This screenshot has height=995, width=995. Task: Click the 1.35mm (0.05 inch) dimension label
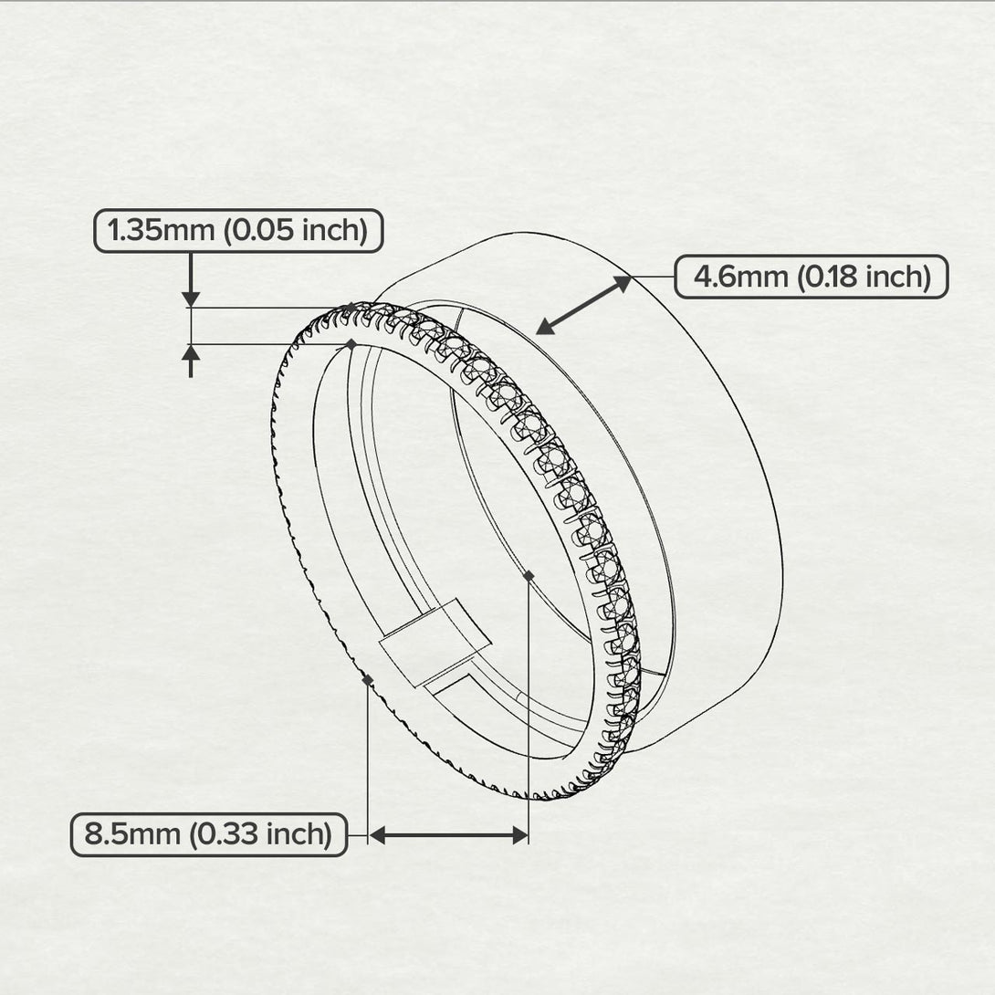pyautogui.click(x=238, y=231)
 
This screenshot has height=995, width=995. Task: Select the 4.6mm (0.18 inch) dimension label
pyautogui.click(x=812, y=277)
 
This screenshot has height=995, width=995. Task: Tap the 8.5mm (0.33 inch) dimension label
pyautogui.click(x=208, y=834)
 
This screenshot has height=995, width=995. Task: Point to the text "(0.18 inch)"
pyautogui.click(x=863, y=277)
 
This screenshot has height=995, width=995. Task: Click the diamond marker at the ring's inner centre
pyautogui.click(x=529, y=575)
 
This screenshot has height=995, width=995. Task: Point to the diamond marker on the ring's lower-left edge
pyautogui.click(x=367, y=680)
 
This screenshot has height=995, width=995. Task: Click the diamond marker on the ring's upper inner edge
pyautogui.click(x=351, y=344)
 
